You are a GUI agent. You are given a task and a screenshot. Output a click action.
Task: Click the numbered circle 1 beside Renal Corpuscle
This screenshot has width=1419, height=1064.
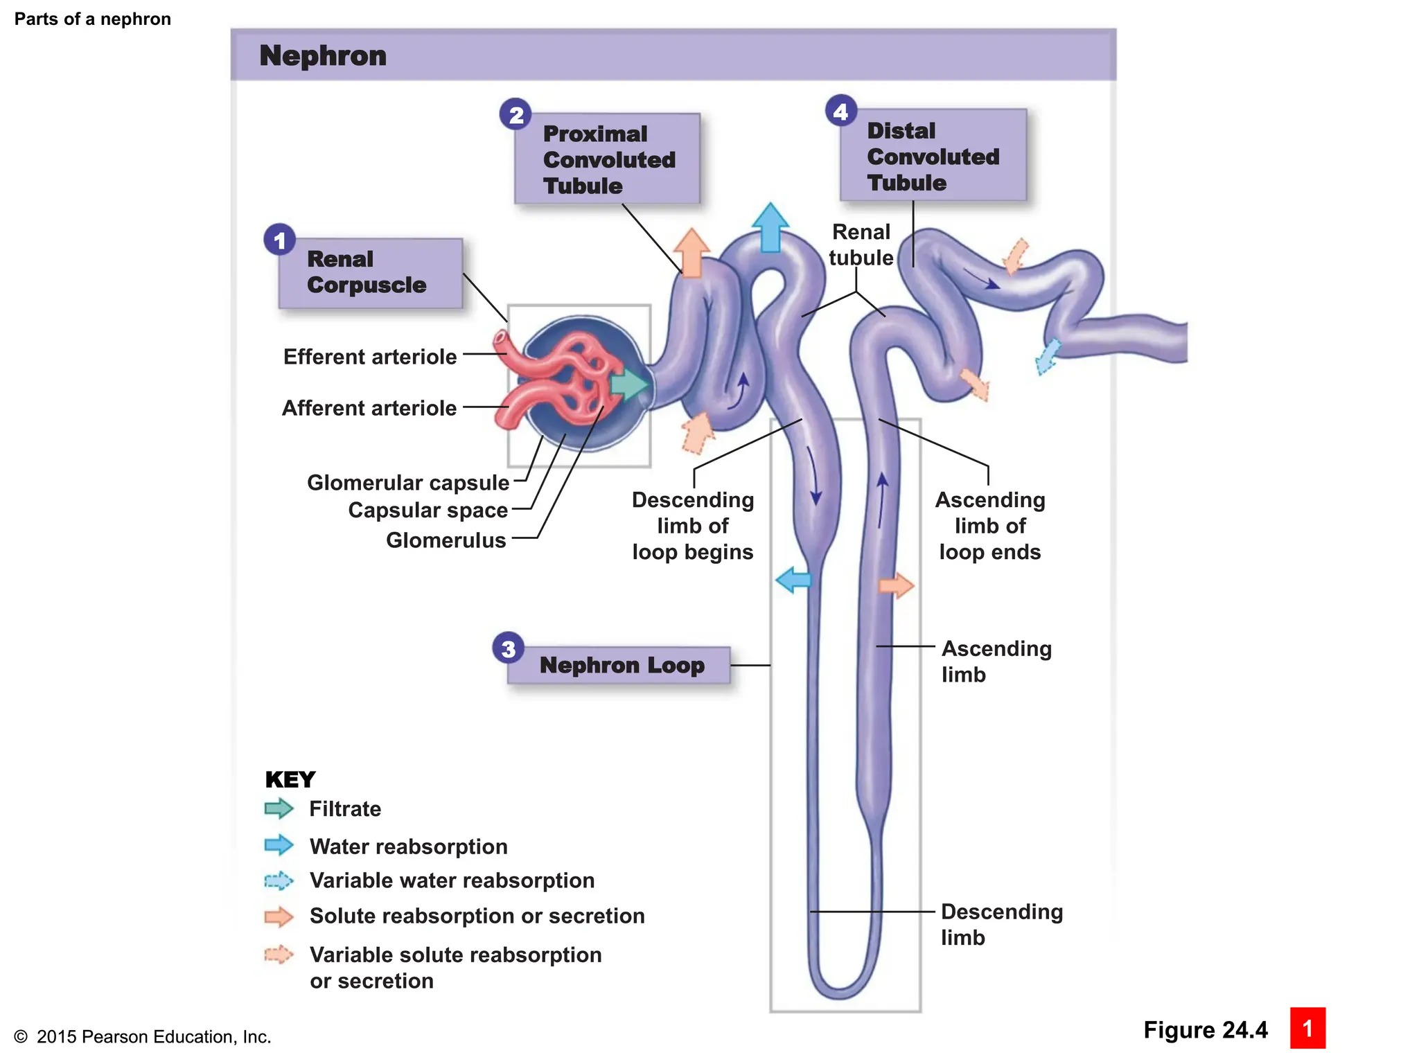[279, 240]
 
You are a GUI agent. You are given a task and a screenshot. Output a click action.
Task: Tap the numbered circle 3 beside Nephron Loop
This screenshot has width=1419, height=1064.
[508, 648]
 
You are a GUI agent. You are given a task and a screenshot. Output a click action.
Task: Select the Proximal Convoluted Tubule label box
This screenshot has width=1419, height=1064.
[607, 159]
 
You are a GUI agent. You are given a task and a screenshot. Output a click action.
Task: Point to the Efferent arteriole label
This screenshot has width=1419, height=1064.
[370, 357]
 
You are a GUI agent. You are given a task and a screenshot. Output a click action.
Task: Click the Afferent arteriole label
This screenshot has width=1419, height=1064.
[369, 408]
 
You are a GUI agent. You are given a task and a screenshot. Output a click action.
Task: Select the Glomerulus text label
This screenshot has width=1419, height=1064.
[446, 540]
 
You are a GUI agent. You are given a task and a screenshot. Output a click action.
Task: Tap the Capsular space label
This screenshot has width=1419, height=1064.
[428, 511]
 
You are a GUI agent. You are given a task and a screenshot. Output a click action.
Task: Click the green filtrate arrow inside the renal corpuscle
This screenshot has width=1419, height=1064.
[628, 384]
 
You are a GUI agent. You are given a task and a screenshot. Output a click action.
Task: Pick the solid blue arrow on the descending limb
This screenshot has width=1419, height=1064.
[793, 579]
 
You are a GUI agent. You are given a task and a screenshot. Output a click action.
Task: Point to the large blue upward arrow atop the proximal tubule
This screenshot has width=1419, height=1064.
[770, 227]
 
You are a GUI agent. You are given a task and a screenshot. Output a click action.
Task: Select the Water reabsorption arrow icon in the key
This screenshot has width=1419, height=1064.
[279, 844]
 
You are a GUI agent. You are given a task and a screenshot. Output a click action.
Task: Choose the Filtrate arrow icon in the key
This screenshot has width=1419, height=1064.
[279, 808]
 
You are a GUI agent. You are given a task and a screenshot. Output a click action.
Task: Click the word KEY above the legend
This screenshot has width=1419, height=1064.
[290, 780]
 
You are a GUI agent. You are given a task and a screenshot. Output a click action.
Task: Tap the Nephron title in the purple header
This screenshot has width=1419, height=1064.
[323, 56]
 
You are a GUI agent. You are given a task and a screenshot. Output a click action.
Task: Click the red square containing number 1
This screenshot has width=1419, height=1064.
[1307, 1028]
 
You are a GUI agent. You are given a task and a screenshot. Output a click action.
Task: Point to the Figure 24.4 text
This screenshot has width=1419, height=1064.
[1205, 1030]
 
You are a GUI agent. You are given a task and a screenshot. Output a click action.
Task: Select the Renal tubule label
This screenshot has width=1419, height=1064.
[861, 245]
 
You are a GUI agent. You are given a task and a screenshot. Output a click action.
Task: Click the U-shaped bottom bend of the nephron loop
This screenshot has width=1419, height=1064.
[840, 987]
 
